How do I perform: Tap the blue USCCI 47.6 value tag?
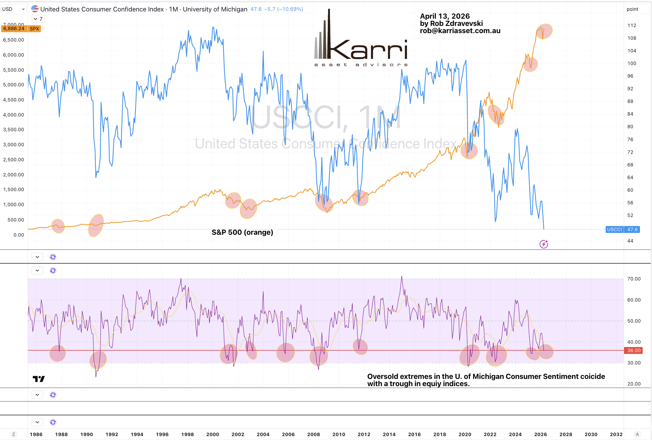622,229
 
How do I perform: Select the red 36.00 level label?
634,350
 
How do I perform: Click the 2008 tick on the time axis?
313,434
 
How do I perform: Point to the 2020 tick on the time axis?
465,434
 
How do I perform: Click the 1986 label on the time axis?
36,434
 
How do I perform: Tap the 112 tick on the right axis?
632,25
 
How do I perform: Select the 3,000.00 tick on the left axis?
14,144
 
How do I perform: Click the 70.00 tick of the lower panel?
634,279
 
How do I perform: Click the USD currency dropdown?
13,9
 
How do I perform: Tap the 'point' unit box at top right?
632,9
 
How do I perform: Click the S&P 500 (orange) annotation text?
242,232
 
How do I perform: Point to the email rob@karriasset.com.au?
460,31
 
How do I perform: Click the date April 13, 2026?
445,16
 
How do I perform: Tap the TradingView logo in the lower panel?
39,379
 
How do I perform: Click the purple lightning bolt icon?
544,244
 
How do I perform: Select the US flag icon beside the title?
35,9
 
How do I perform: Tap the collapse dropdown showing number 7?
38,19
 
